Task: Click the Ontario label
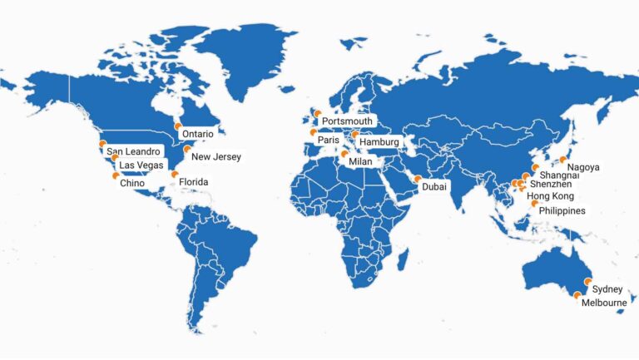[197, 134]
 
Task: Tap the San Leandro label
[133, 151]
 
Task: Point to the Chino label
[132, 183]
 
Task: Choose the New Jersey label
[215, 156]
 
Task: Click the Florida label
[194, 182]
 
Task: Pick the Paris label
[329, 141]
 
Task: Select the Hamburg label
[380, 142]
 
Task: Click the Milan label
[360, 161]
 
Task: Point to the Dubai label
[434, 186]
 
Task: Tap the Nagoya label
[583, 167]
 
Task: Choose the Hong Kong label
[551, 196]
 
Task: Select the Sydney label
[607, 289]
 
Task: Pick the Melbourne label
[604, 303]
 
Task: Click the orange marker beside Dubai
[417, 179]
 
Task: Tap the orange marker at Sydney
[588, 282]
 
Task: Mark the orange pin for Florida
[175, 175]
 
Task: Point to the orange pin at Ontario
[177, 126]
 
